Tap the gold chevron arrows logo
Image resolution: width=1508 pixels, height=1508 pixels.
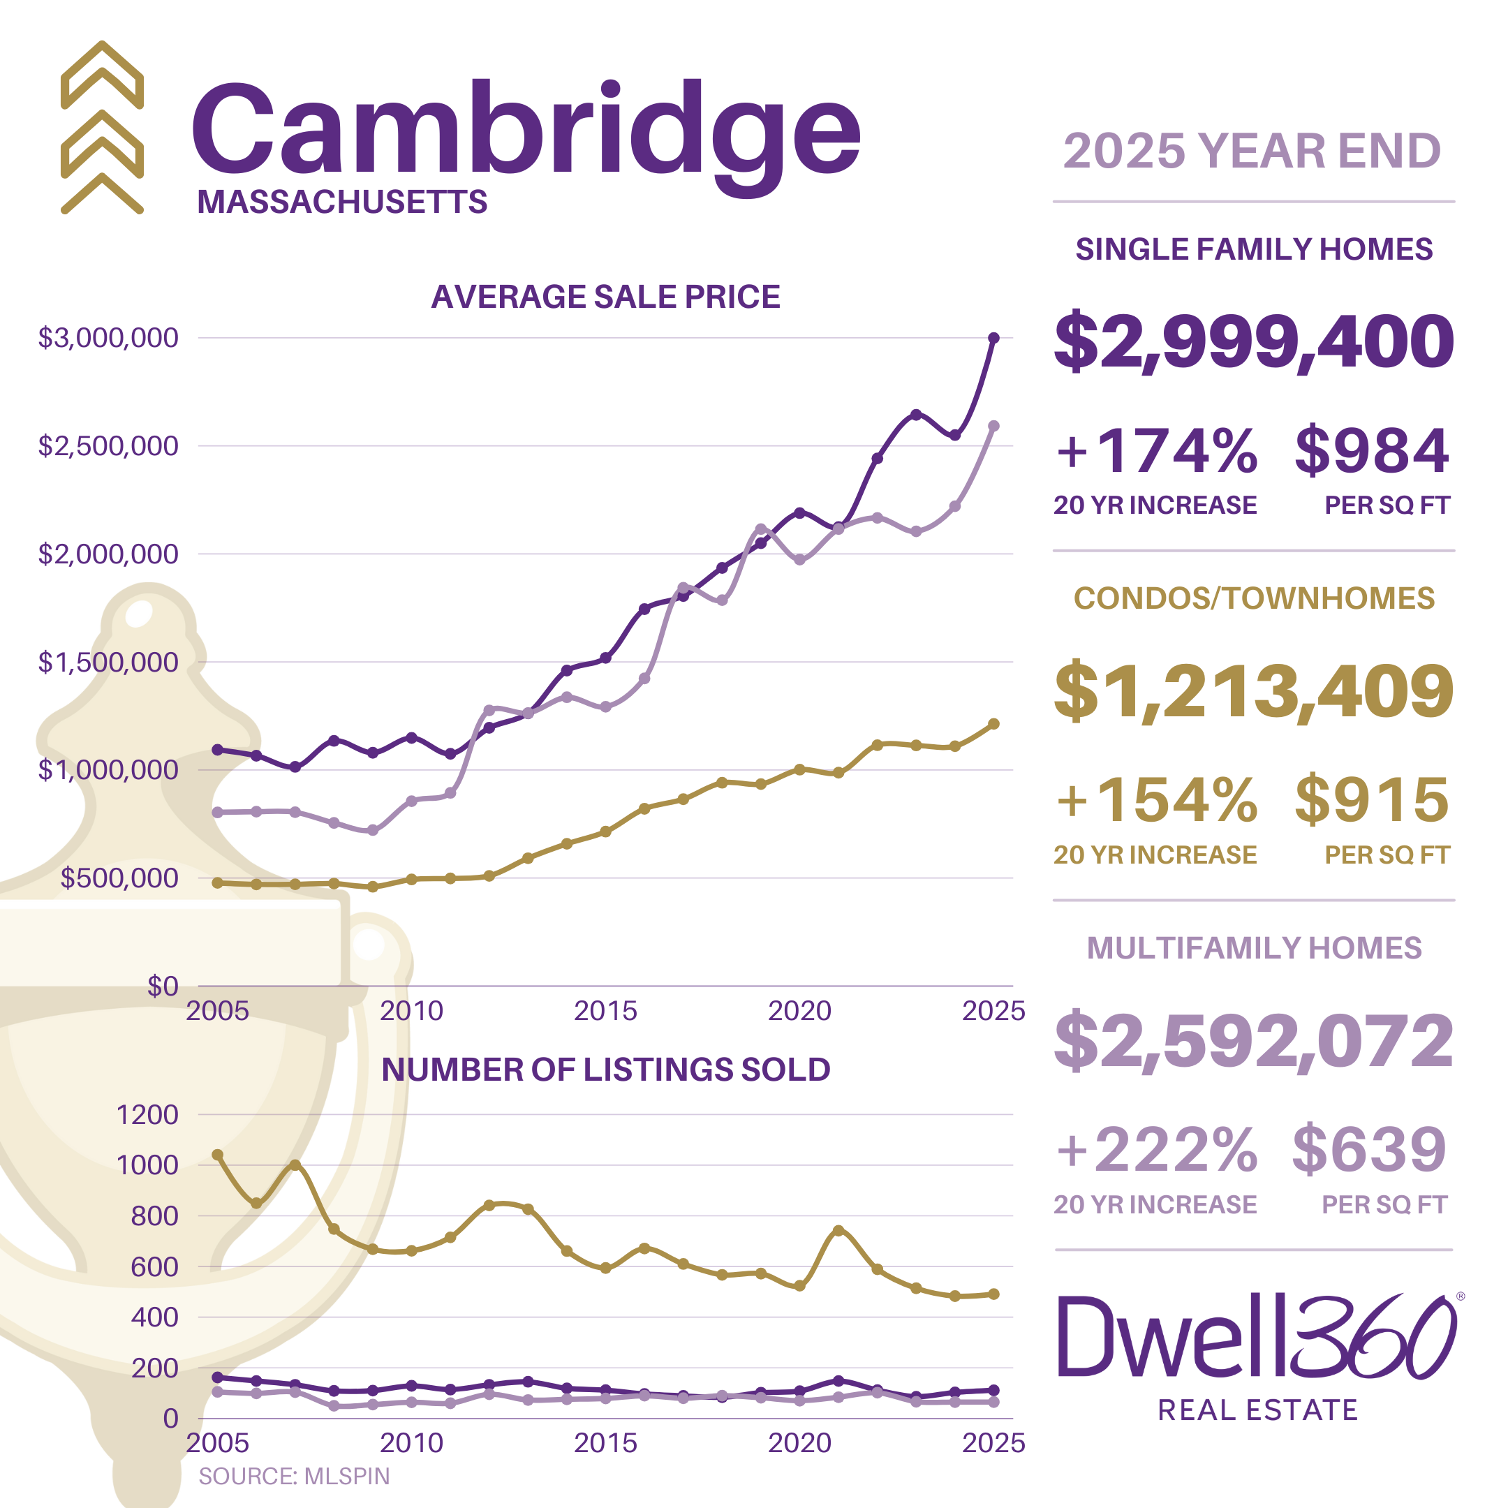[x=102, y=127]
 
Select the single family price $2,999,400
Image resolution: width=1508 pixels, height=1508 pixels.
[x=1254, y=341]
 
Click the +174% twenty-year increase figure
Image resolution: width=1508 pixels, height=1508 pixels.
[x=1156, y=451]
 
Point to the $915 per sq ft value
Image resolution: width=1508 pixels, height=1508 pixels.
[x=1371, y=800]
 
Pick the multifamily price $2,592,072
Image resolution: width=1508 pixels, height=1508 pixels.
[x=1254, y=1040]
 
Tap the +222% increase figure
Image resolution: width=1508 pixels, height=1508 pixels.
[x=1156, y=1150]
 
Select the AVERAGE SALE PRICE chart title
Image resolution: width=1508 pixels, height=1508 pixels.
[x=606, y=297]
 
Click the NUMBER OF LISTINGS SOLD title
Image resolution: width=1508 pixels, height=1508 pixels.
[x=606, y=1070]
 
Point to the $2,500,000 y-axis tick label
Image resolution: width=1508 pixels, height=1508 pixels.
[x=108, y=445]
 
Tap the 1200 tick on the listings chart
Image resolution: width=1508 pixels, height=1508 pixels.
[x=147, y=1115]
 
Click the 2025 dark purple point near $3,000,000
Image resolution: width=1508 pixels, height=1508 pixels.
[x=993, y=338]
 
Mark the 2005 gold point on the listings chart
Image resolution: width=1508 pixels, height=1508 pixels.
[x=218, y=1155]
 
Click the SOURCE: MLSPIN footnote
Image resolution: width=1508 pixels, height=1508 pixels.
[x=293, y=1476]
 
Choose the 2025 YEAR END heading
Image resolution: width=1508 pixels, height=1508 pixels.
[x=1252, y=151]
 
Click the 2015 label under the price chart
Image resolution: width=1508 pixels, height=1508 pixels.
[x=606, y=1011]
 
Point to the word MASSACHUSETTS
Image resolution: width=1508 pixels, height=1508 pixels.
[x=342, y=202]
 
